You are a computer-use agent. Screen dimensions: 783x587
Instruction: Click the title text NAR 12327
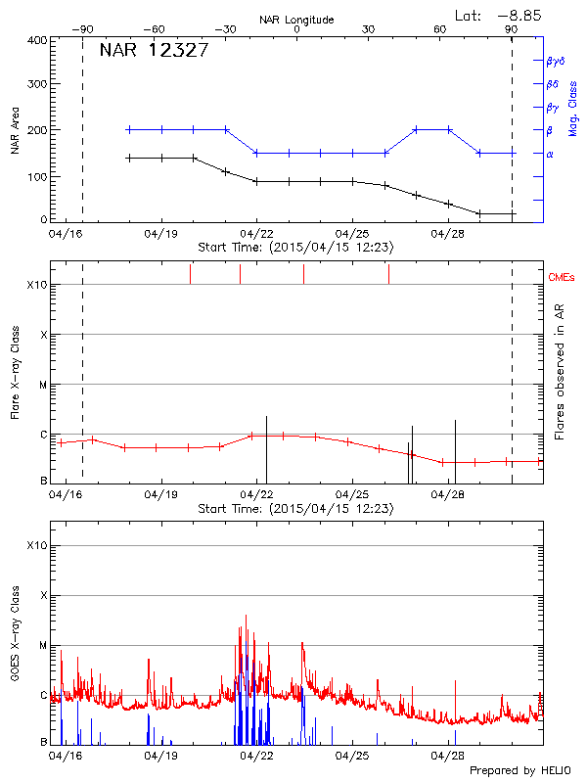154,51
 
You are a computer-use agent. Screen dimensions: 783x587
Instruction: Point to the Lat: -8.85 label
500,15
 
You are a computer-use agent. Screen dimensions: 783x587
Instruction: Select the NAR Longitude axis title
296,19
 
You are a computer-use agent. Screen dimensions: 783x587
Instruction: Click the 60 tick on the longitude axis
440,29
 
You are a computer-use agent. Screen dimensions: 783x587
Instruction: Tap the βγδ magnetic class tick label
554,61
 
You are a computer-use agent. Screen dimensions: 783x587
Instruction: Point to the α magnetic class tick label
549,154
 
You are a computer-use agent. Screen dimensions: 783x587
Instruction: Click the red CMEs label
561,278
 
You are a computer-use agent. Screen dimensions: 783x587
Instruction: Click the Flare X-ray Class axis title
13,372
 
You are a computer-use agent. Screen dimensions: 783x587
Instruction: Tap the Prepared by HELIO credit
519,771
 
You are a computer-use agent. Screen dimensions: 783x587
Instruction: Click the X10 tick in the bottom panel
35,544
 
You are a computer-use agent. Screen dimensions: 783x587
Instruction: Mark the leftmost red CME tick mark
190,274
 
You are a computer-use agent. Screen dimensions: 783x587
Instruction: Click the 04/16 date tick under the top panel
65,234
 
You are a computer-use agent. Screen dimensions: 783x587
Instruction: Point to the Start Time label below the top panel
295,248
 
